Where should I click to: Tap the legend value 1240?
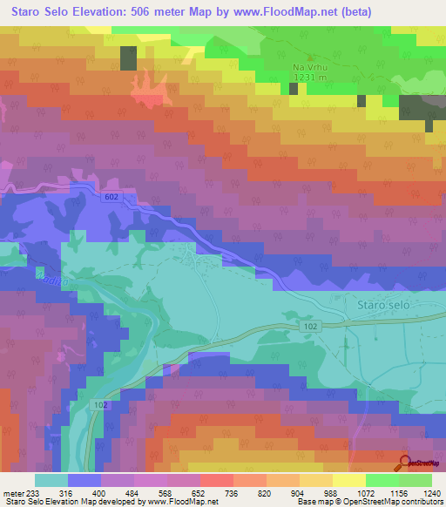pyautogui.click(x=417, y=494)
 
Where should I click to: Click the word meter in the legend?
pyautogui.click(x=14, y=494)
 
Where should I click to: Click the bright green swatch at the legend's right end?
pyautogui.click(x=416, y=480)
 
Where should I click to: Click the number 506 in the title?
pyautogui.click(x=159, y=12)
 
